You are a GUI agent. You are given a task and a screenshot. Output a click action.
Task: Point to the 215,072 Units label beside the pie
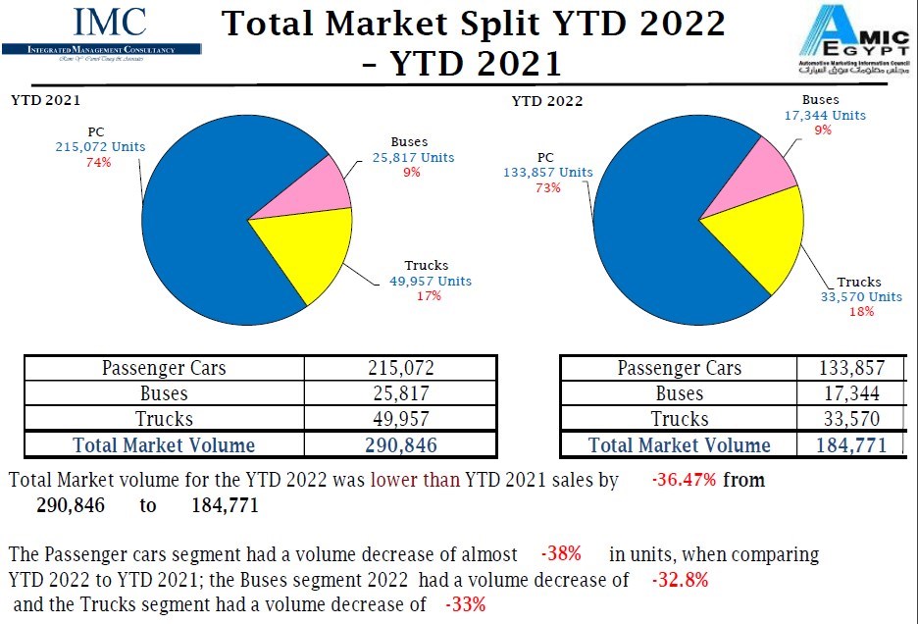pos(100,147)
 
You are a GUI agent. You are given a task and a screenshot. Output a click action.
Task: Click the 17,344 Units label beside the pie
pos(825,115)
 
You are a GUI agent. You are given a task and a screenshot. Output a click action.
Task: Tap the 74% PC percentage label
pos(100,163)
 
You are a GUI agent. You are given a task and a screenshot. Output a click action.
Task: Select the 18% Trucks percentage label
pos(860,311)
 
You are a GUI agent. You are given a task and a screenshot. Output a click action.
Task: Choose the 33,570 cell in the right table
pos(851,419)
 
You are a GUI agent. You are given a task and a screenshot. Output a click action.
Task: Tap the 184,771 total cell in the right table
pos(851,444)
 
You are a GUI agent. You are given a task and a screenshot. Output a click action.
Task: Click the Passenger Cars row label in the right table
pos(679,368)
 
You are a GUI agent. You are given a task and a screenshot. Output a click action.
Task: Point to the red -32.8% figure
pos(680,579)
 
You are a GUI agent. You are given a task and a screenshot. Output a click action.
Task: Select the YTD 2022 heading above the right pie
pos(547,102)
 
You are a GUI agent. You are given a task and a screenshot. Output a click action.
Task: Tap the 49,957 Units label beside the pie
pos(430,281)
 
